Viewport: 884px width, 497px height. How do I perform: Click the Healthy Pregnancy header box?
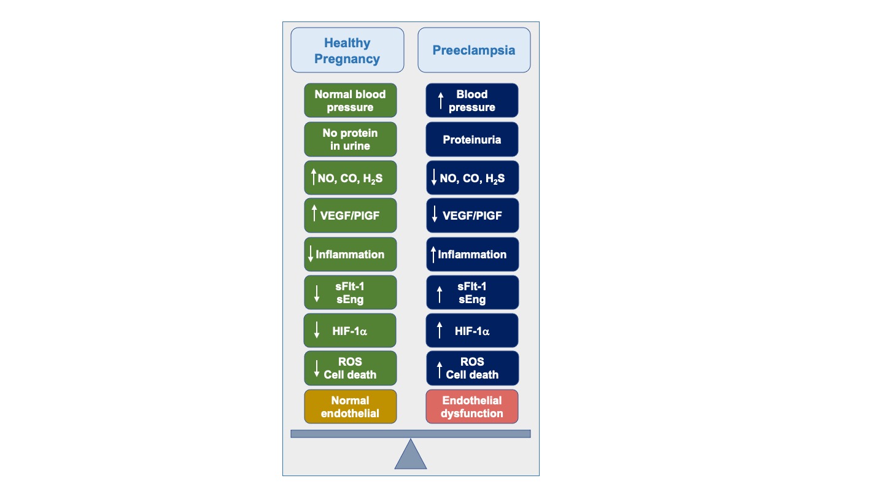click(347, 50)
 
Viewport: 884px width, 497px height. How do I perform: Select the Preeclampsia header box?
click(474, 50)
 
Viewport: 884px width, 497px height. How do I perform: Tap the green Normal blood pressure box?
click(351, 101)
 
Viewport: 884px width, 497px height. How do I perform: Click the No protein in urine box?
click(351, 139)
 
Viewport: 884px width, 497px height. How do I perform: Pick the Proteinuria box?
click(472, 139)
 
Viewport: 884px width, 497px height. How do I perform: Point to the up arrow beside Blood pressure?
click(440, 101)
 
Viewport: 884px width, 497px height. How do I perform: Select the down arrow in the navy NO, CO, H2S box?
click(434, 179)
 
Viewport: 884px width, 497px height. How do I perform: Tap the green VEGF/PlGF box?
click(351, 215)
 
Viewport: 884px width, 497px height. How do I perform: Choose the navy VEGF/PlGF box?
click(472, 215)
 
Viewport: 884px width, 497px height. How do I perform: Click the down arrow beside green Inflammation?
click(311, 254)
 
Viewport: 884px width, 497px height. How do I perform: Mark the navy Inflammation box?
click(472, 254)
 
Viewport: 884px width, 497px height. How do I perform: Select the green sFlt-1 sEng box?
click(351, 292)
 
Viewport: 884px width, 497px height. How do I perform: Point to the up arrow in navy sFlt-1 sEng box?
click(439, 294)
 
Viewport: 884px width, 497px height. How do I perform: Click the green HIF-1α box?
click(351, 331)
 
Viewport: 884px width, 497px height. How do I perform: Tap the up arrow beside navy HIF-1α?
click(439, 331)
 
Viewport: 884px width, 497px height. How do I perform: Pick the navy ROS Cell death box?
click(472, 368)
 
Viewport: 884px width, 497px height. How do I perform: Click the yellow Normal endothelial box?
click(351, 406)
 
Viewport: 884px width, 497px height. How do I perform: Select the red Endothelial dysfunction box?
click(472, 406)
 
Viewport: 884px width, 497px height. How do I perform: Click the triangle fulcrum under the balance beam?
click(410, 455)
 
